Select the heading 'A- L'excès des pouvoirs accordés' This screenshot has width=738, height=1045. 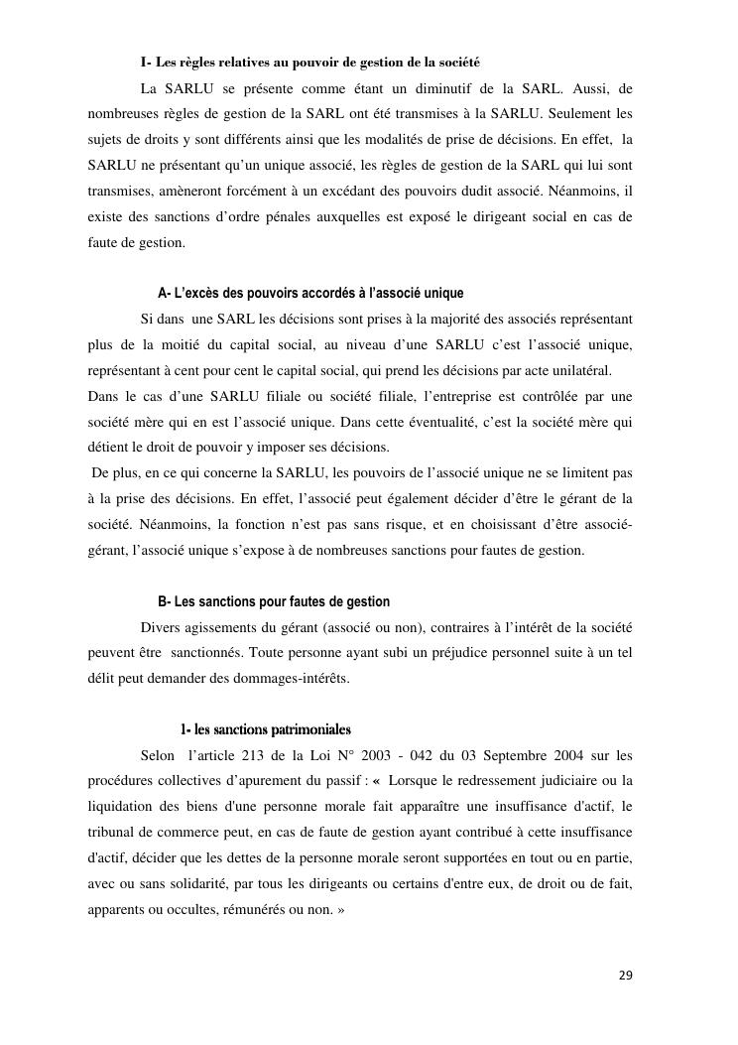click(x=310, y=294)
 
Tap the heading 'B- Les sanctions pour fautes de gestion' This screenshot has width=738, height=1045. click(x=274, y=601)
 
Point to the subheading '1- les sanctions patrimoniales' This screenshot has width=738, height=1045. click(x=265, y=730)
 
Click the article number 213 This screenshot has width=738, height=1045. click(x=255, y=756)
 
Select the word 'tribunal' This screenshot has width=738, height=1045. click(x=114, y=833)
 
